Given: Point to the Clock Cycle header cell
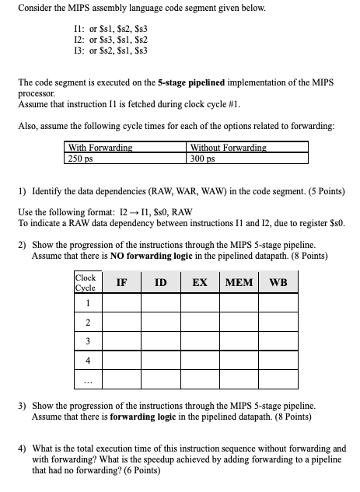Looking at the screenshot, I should pos(86,282).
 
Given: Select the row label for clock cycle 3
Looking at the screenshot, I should pos(88,341).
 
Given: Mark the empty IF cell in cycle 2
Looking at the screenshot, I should pos(122,322).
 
